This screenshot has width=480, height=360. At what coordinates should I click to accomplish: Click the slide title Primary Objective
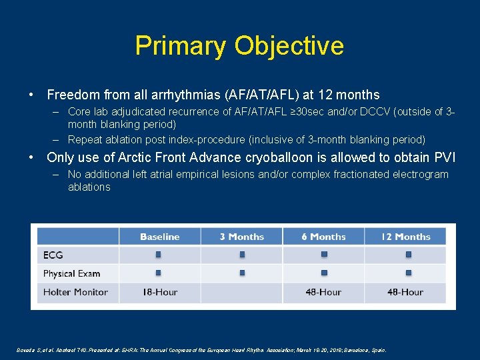(239, 45)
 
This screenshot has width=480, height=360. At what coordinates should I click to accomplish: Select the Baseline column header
(159, 237)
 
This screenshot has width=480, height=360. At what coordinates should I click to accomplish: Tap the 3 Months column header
(241, 237)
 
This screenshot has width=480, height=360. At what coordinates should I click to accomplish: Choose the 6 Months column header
(323, 237)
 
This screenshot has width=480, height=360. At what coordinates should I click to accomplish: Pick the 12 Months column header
(406, 237)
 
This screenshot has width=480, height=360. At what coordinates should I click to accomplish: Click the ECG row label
(53, 255)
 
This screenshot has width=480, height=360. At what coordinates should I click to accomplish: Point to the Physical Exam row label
(71, 273)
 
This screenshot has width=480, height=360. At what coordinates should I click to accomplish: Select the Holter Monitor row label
(75, 292)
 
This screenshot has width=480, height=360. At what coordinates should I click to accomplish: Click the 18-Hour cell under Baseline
(159, 292)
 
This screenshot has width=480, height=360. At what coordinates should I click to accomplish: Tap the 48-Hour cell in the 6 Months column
(323, 292)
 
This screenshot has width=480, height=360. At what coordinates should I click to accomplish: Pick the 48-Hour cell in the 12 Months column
(406, 292)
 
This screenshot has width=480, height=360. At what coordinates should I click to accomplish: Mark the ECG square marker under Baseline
(159, 255)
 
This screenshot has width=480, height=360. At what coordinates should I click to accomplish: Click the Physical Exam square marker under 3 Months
(242, 273)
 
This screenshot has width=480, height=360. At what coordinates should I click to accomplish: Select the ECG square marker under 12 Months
(408, 255)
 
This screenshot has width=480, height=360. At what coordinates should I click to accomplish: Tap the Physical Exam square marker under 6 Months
(324, 273)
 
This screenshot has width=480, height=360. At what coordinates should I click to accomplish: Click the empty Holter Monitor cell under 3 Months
(241, 292)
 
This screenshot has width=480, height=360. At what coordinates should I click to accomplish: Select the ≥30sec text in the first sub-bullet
(311, 112)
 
